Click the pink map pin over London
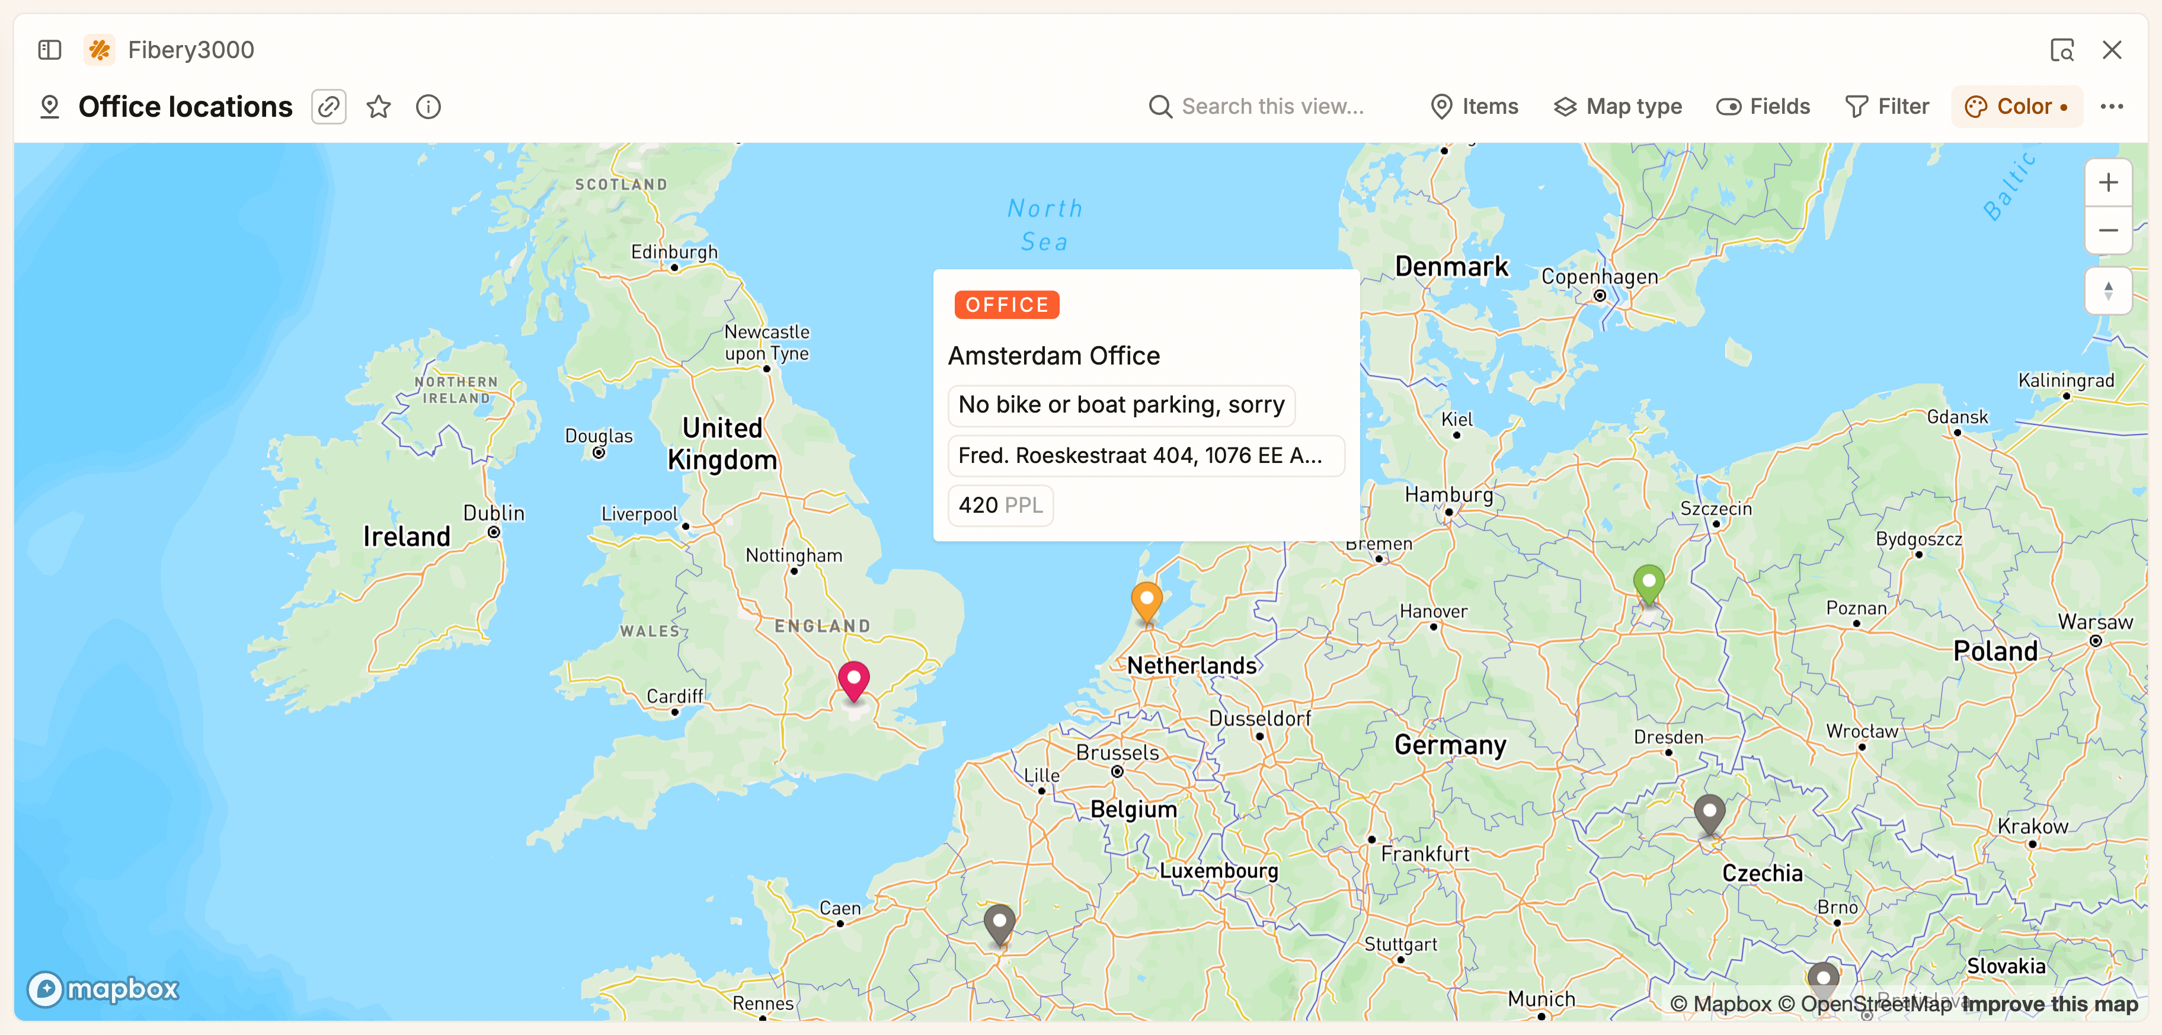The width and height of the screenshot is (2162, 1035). [x=853, y=678]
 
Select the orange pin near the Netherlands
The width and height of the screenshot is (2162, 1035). [x=1146, y=600]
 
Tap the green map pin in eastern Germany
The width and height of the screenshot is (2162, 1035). [x=1648, y=582]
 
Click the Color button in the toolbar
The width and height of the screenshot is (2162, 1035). [x=2016, y=107]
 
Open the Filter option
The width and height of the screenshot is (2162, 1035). [x=1888, y=107]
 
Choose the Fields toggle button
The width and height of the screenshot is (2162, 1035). [x=1763, y=107]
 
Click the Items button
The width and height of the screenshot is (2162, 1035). [x=1475, y=107]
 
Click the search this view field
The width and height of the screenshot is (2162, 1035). [x=1271, y=107]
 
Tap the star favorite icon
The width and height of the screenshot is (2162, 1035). [x=379, y=107]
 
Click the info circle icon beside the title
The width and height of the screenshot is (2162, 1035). [x=428, y=107]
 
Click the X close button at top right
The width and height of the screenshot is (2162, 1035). [x=2112, y=50]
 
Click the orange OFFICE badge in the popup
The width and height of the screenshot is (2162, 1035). [x=1006, y=305]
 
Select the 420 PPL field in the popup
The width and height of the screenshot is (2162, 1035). [x=1000, y=505]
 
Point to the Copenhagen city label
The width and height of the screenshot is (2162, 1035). [x=1599, y=277]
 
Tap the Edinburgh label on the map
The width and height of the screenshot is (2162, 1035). [x=674, y=252]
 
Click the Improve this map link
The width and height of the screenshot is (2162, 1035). [x=2049, y=1004]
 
